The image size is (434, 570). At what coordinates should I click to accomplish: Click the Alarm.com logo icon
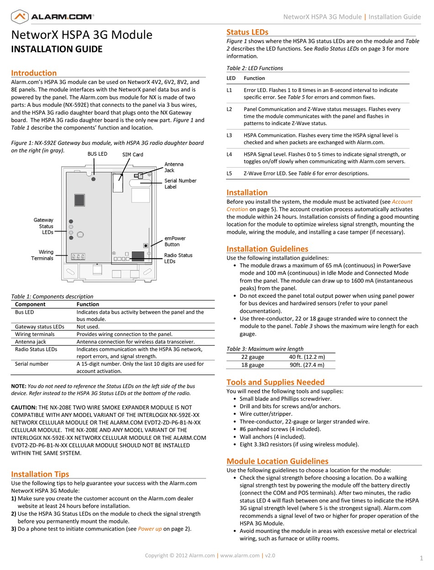(x=19, y=17)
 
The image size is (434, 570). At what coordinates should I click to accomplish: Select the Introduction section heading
(x=34, y=73)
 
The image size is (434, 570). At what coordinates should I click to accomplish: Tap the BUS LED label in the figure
(x=97, y=154)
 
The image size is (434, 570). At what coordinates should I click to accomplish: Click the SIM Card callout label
(x=132, y=155)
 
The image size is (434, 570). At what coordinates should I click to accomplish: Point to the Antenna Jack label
(x=174, y=167)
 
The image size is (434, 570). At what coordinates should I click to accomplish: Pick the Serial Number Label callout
(x=180, y=184)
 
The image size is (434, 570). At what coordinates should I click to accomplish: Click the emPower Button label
(x=175, y=241)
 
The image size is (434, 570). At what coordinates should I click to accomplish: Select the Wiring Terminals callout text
(x=42, y=255)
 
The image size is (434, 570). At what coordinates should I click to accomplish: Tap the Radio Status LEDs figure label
(x=178, y=258)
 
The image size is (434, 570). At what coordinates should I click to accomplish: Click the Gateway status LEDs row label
(x=39, y=327)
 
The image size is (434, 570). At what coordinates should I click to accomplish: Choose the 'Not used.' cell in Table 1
(x=88, y=327)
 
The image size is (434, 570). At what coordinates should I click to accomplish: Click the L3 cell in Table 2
(x=229, y=135)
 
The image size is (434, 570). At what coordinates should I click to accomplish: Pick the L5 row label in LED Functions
(x=229, y=173)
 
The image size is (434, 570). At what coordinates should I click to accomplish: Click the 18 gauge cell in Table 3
(x=253, y=364)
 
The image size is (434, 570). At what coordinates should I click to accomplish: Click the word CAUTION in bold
(x=24, y=407)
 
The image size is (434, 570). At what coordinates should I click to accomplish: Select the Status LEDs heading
(x=247, y=32)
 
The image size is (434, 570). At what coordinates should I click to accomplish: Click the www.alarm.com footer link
(x=240, y=555)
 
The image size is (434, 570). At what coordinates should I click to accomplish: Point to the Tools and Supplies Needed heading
(x=275, y=382)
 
